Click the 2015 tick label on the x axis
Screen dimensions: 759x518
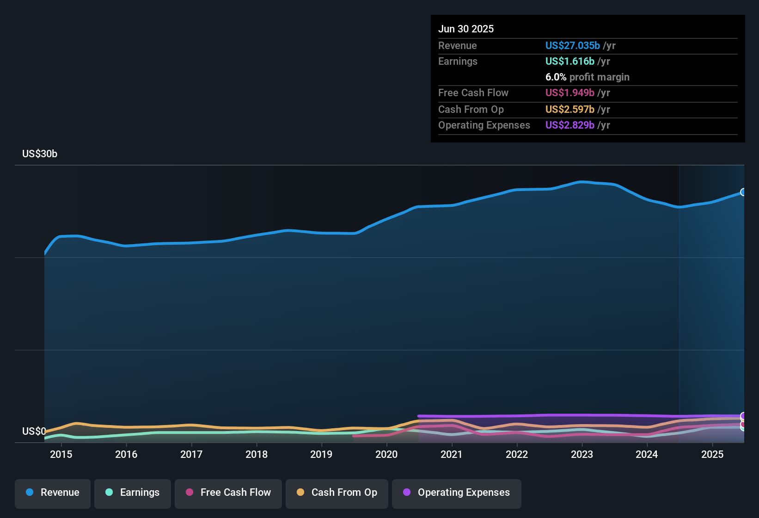61,454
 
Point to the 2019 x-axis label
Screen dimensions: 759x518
321,454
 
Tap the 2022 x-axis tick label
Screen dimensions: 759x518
517,454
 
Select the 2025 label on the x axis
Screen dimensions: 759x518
712,454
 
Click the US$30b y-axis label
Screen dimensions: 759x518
40,154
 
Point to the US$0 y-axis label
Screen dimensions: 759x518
34,431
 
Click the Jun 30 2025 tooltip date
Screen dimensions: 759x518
466,29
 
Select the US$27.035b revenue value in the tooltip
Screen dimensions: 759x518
573,45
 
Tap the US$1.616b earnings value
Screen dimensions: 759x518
569,62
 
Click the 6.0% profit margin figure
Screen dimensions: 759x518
556,77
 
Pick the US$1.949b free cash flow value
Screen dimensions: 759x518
569,93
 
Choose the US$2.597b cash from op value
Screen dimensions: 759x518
569,110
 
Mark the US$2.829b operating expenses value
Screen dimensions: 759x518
569,125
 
